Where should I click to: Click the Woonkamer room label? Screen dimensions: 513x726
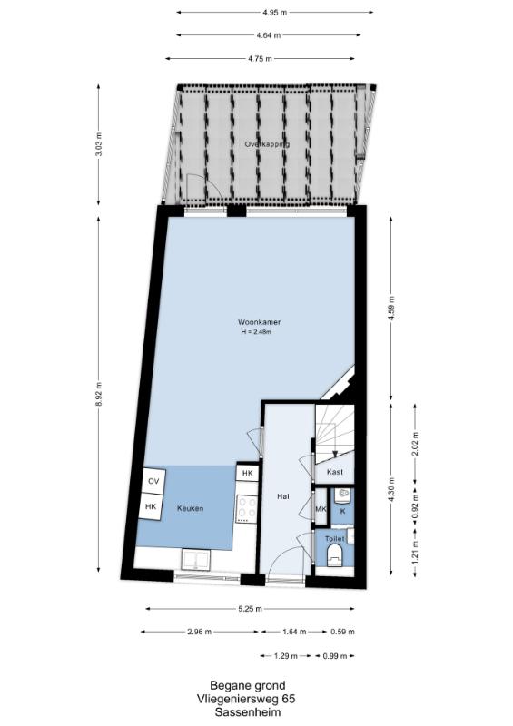[259, 322]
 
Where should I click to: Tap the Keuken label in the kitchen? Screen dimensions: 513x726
[190, 508]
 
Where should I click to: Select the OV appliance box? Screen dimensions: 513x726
[153, 481]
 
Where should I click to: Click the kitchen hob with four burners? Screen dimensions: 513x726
[247, 509]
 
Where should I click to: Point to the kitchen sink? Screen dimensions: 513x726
[196, 559]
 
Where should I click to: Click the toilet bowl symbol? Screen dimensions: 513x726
[334, 556]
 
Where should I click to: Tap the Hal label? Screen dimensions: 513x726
[283, 496]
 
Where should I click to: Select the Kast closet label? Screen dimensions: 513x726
[335, 472]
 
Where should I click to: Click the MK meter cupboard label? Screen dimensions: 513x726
[321, 509]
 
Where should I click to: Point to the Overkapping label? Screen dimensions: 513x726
[267, 144]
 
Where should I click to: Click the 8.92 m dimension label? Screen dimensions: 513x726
[98, 394]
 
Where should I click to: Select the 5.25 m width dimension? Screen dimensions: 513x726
[251, 609]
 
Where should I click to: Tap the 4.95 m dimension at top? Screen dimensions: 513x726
[275, 13]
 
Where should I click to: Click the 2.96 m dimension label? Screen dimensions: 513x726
[200, 632]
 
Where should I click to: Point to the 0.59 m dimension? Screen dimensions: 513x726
[342, 632]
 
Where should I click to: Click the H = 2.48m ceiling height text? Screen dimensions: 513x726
[256, 331]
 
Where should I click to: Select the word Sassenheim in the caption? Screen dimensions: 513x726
[248, 712]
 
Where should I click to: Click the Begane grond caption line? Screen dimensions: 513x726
[248, 685]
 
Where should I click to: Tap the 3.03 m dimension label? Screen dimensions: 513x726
[98, 144]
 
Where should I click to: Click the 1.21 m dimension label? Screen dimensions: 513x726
[415, 553]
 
